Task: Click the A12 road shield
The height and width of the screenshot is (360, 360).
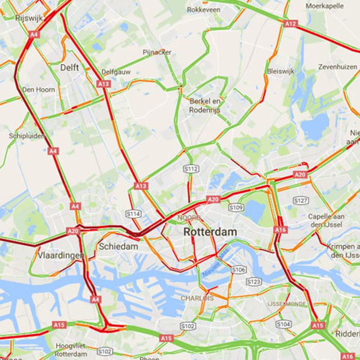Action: pyautogui.click(x=291, y=23)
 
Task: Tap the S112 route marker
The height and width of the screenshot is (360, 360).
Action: pyautogui.click(x=191, y=169)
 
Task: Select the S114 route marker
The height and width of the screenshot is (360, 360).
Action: pyautogui.click(x=134, y=214)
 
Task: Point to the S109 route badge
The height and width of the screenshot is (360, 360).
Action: pyautogui.click(x=236, y=207)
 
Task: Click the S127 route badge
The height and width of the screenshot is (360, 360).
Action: pyautogui.click(x=301, y=200)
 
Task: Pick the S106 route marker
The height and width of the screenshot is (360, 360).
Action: pyautogui.click(x=238, y=269)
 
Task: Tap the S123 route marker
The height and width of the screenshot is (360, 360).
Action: pyautogui.click(x=254, y=282)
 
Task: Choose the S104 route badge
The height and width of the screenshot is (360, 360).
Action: pyautogui.click(x=283, y=324)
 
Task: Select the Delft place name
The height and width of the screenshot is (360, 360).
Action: pyautogui.click(x=69, y=67)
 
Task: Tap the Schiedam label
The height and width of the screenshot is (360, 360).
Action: pyautogui.click(x=118, y=246)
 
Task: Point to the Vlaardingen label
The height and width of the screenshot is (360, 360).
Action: pyautogui.click(x=60, y=255)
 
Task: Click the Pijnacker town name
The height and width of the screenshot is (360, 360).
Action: pyautogui.click(x=157, y=52)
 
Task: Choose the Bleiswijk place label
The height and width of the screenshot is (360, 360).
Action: pyautogui.click(x=280, y=71)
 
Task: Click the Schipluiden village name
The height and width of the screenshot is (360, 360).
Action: pyautogui.click(x=27, y=135)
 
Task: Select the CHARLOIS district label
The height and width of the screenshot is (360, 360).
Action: pyautogui.click(x=197, y=298)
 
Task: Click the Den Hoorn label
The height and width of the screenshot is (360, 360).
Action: pyautogui.click(x=39, y=90)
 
